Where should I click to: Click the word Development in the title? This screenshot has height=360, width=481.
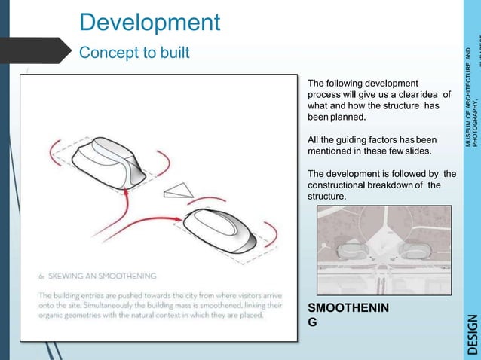(149, 22)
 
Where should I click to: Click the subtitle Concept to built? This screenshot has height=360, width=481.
(135, 53)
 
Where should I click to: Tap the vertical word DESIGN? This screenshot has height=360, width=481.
(472, 333)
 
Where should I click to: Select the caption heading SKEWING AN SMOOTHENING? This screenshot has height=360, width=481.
(98, 276)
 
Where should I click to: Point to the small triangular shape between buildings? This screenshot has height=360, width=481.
(179, 189)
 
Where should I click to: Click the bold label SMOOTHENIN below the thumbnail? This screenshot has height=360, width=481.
(349, 309)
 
